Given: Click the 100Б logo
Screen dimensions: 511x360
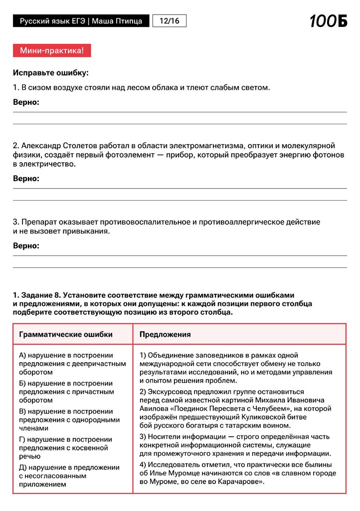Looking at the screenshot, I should click(328, 21).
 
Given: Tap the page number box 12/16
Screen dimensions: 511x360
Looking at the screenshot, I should click(170, 21).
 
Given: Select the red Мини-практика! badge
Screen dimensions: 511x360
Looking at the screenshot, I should click(52, 50).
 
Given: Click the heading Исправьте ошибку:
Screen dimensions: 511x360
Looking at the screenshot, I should click(50, 73).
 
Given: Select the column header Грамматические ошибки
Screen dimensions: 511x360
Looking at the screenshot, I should click(66, 334).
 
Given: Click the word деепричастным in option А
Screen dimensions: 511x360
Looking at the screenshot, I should click(97, 364).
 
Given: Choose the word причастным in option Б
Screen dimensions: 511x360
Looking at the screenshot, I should click(97, 392).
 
